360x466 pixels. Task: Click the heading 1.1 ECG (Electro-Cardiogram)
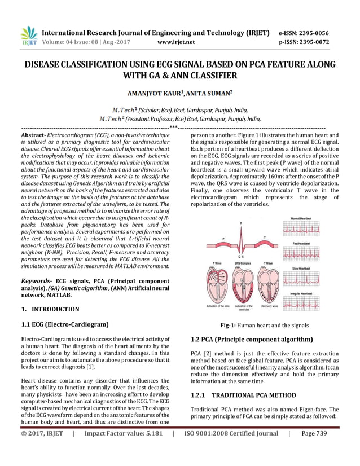[x=64, y=324]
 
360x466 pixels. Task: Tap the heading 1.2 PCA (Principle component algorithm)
[x=252, y=340]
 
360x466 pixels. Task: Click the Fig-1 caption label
[x=230, y=326]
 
